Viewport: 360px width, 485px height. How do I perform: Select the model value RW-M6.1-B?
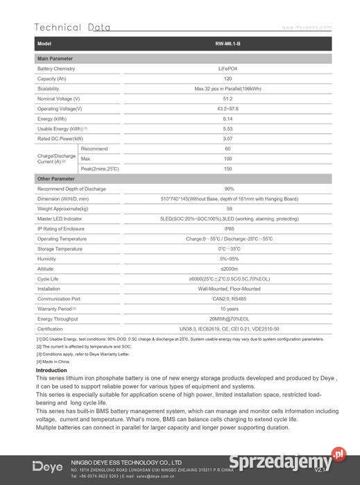click(228, 44)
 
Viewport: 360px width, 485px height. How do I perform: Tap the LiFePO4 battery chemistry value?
click(228, 69)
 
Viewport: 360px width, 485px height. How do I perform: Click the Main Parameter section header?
click(55, 59)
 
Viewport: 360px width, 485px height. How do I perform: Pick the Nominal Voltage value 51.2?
click(228, 99)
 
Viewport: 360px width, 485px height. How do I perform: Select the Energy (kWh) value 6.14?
click(228, 119)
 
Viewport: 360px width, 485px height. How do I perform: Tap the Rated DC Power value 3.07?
click(228, 139)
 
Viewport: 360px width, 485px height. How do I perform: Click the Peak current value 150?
click(228, 169)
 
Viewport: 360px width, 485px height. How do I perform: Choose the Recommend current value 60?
click(228, 148)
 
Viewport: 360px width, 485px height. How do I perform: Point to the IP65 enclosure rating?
click(229, 228)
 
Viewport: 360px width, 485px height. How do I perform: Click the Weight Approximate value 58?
click(229, 208)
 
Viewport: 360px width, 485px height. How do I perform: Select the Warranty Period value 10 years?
click(229, 308)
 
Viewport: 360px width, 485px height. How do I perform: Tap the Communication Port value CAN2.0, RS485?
click(229, 298)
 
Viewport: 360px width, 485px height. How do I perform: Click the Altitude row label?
click(46, 269)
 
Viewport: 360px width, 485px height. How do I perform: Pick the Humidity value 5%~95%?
click(229, 258)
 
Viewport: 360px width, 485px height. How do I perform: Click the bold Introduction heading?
click(51, 371)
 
